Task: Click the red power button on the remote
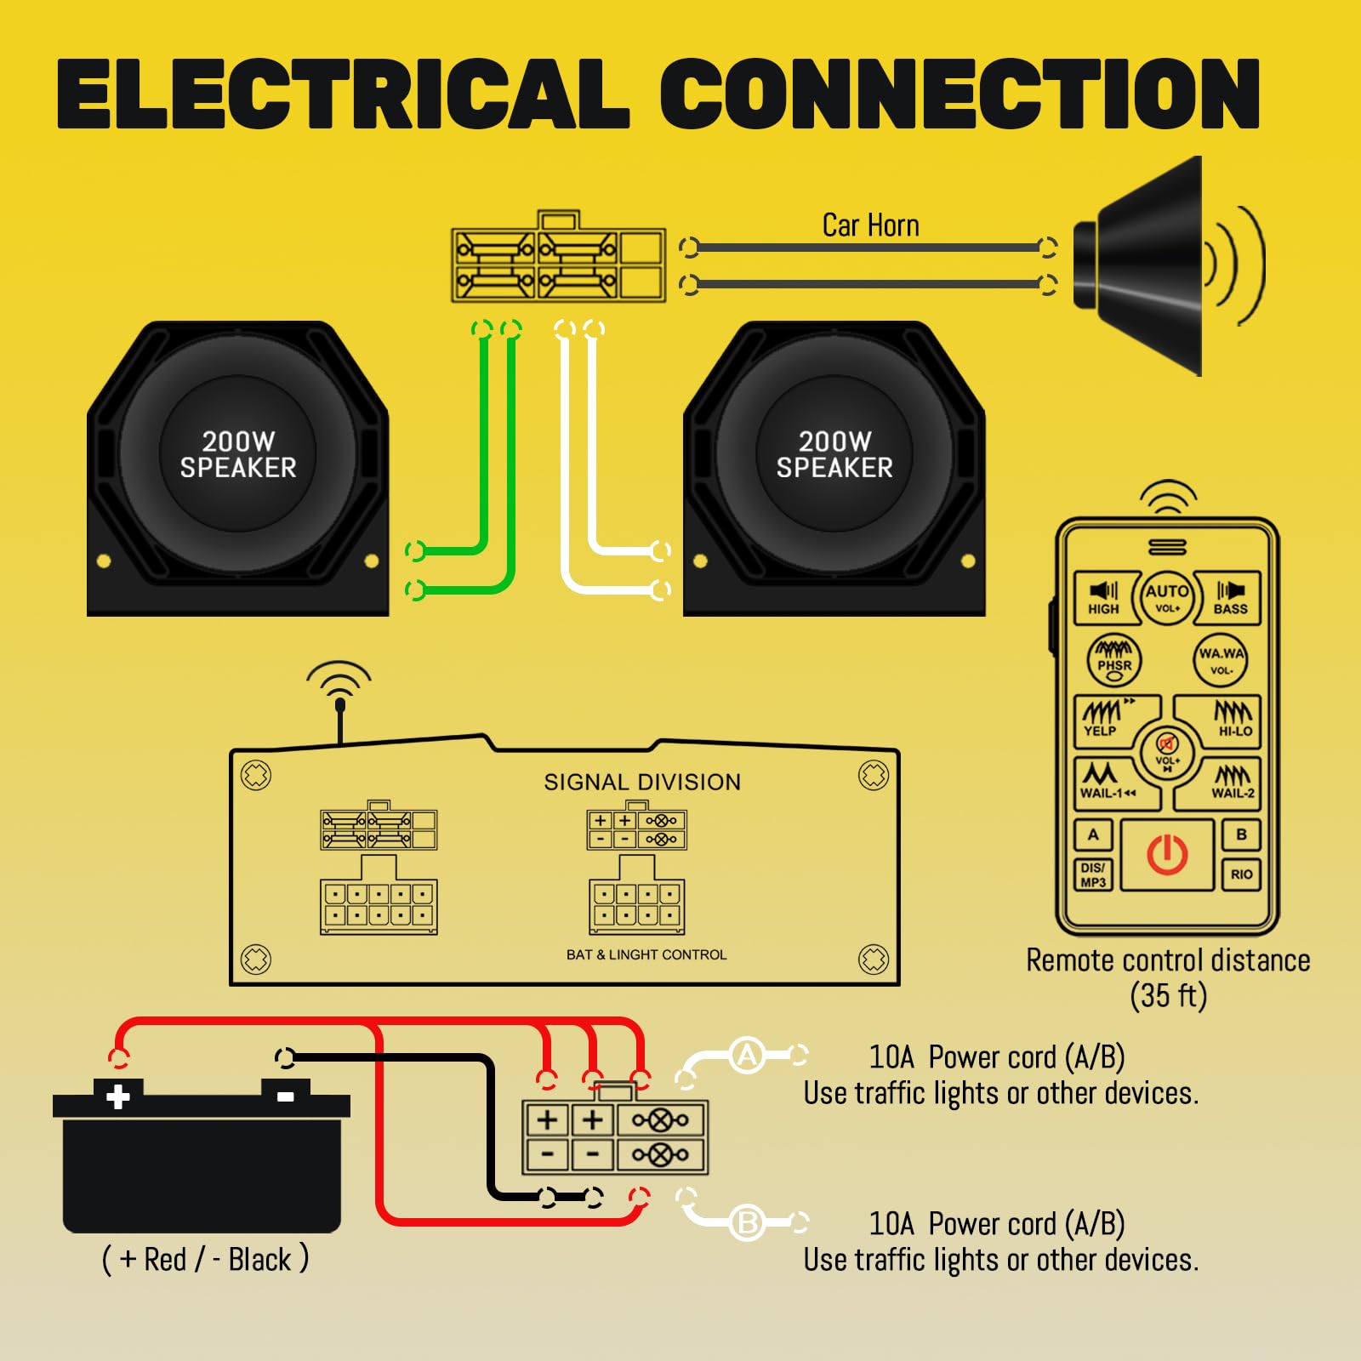(x=1167, y=855)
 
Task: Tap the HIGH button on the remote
(x=1103, y=597)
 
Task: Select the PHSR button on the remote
(x=1114, y=660)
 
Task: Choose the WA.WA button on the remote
(x=1221, y=660)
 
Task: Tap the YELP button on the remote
(x=1103, y=719)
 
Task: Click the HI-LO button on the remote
(x=1233, y=719)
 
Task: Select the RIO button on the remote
(x=1241, y=874)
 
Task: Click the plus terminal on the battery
(x=118, y=1096)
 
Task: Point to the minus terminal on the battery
(x=286, y=1096)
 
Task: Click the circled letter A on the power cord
(x=747, y=1056)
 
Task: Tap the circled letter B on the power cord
(x=747, y=1222)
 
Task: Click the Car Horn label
(x=870, y=225)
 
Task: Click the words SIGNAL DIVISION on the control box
(x=642, y=782)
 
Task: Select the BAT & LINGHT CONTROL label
(x=646, y=954)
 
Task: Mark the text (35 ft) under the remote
(x=1168, y=995)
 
